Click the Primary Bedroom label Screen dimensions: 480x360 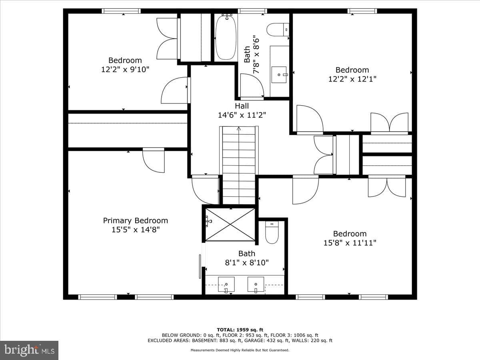(135, 220)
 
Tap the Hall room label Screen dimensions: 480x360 (242, 106)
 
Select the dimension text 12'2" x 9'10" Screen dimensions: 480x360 (125, 70)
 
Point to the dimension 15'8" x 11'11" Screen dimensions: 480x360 (350, 243)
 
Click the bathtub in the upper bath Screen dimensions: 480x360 (226, 37)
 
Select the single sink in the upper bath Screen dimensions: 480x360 (279, 75)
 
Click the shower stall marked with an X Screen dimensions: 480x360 (230, 224)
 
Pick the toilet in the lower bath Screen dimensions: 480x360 (272, 232)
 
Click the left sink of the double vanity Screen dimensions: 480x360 (226, 284)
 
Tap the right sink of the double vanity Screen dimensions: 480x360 (256, 284)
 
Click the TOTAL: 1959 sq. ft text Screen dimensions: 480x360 (240, 330)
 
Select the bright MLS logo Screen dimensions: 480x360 (29, 350)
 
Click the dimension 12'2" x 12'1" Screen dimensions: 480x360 (352, 79)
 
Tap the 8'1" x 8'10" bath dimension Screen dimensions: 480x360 (247, 262)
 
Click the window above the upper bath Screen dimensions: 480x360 (252, 11)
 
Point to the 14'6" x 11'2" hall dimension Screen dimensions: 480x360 (242, 115)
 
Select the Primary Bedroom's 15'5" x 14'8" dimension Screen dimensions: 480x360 (136, 230)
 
